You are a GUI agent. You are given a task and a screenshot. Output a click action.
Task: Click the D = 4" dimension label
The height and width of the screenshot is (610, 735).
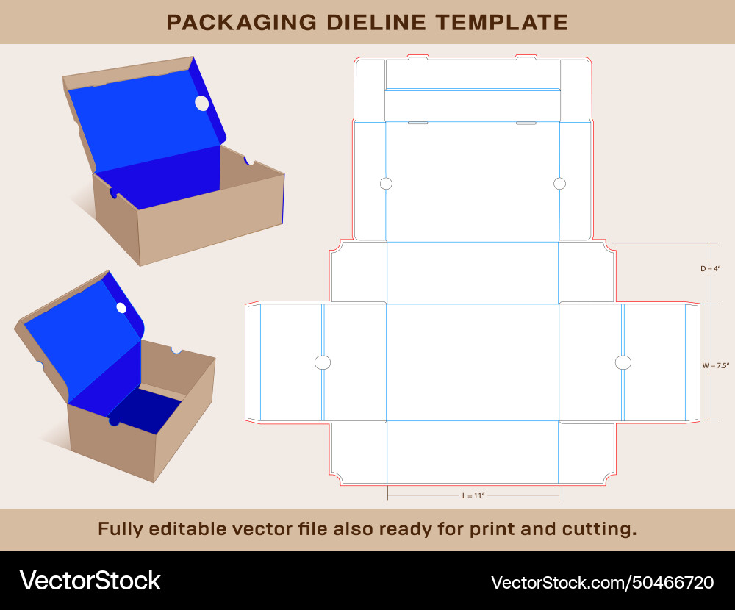click(x=710, y=269)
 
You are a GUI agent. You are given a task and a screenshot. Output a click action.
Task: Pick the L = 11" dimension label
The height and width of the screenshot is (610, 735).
click(x=473, y=496)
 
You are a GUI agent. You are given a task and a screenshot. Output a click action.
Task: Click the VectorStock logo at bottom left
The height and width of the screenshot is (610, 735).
click(x=90, y=581)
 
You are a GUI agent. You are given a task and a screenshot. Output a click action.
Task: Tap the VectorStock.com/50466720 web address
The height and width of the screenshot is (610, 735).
click(x=602, y=583)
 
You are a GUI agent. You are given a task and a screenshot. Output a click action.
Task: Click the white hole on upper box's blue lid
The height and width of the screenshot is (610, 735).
click(x=201, y=104)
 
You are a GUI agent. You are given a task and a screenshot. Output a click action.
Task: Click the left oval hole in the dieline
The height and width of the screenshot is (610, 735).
click(x=323, y=362)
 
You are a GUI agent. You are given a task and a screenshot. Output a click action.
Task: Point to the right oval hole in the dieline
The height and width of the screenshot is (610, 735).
click(x=623, y=362)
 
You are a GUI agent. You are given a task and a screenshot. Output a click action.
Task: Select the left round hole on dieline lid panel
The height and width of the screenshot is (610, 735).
click(x=387, y=184)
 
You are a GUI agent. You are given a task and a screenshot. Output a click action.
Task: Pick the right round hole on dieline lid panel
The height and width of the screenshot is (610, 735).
click(x=559, y=184)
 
